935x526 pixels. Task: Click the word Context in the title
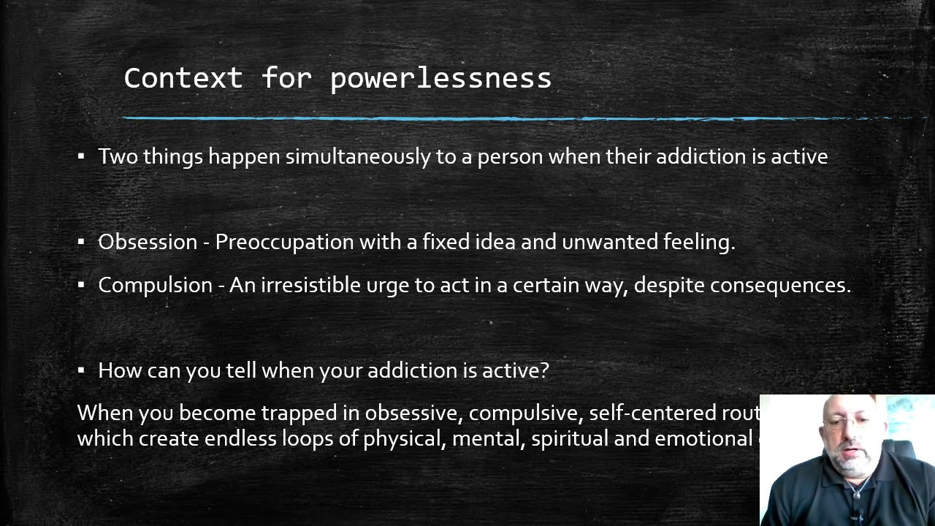183,77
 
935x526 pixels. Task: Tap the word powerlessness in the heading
440,77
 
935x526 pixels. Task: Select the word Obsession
148,242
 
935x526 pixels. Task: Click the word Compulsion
155,285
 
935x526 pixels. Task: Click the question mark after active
544,370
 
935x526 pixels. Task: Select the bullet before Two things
81,156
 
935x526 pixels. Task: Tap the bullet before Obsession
81,242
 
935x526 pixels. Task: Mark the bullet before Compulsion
81,285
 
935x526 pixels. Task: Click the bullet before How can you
81,370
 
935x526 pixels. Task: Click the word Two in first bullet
118,156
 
